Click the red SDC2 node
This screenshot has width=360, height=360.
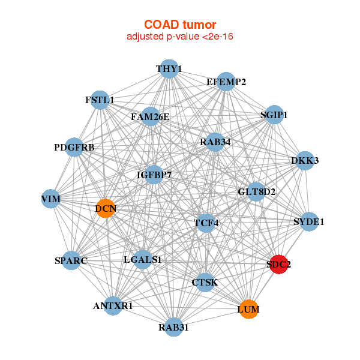(x=278, y=264)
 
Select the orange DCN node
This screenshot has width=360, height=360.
(x=106, y=209)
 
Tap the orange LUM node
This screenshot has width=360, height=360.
(x=248, y=310)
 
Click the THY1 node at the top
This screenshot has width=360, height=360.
(x=169, y=68)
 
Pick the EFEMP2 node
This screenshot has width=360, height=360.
(x=226, y=82)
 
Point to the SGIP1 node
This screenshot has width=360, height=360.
(x=274, y=115)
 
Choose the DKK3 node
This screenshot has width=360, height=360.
(x=305, y=160)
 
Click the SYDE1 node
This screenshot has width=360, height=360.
(x=309, y=222)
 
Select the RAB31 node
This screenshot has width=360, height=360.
(x=173, y=327)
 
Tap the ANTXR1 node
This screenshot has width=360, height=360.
(x=113, y=305)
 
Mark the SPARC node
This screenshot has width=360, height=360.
(x=71, y=260)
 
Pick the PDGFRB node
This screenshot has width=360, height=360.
(x=74, y=147)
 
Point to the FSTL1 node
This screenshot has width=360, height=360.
(x=100, y=100)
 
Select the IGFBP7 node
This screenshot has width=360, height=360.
(x=154, y=175)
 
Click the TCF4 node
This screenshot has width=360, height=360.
(x=206, y=223)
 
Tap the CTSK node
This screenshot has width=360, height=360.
(x=205, y=282)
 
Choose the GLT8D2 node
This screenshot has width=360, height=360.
(x=256, y=192)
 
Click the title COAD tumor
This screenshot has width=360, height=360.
(x=180, y=25)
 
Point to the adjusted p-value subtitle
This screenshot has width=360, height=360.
(x=180, y=37)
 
